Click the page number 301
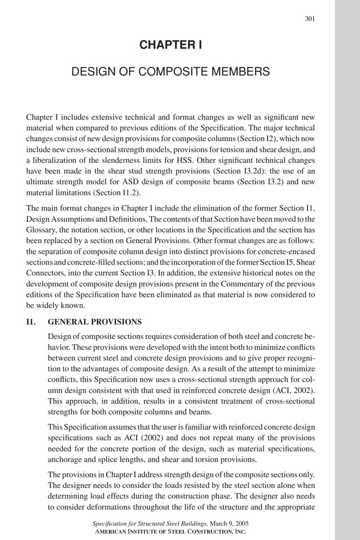(x=309, y=19)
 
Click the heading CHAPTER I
(x=170, y=45)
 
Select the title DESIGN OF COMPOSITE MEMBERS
(x=170, y=72)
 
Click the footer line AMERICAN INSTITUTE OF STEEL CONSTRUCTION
(x=170, y=532)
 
